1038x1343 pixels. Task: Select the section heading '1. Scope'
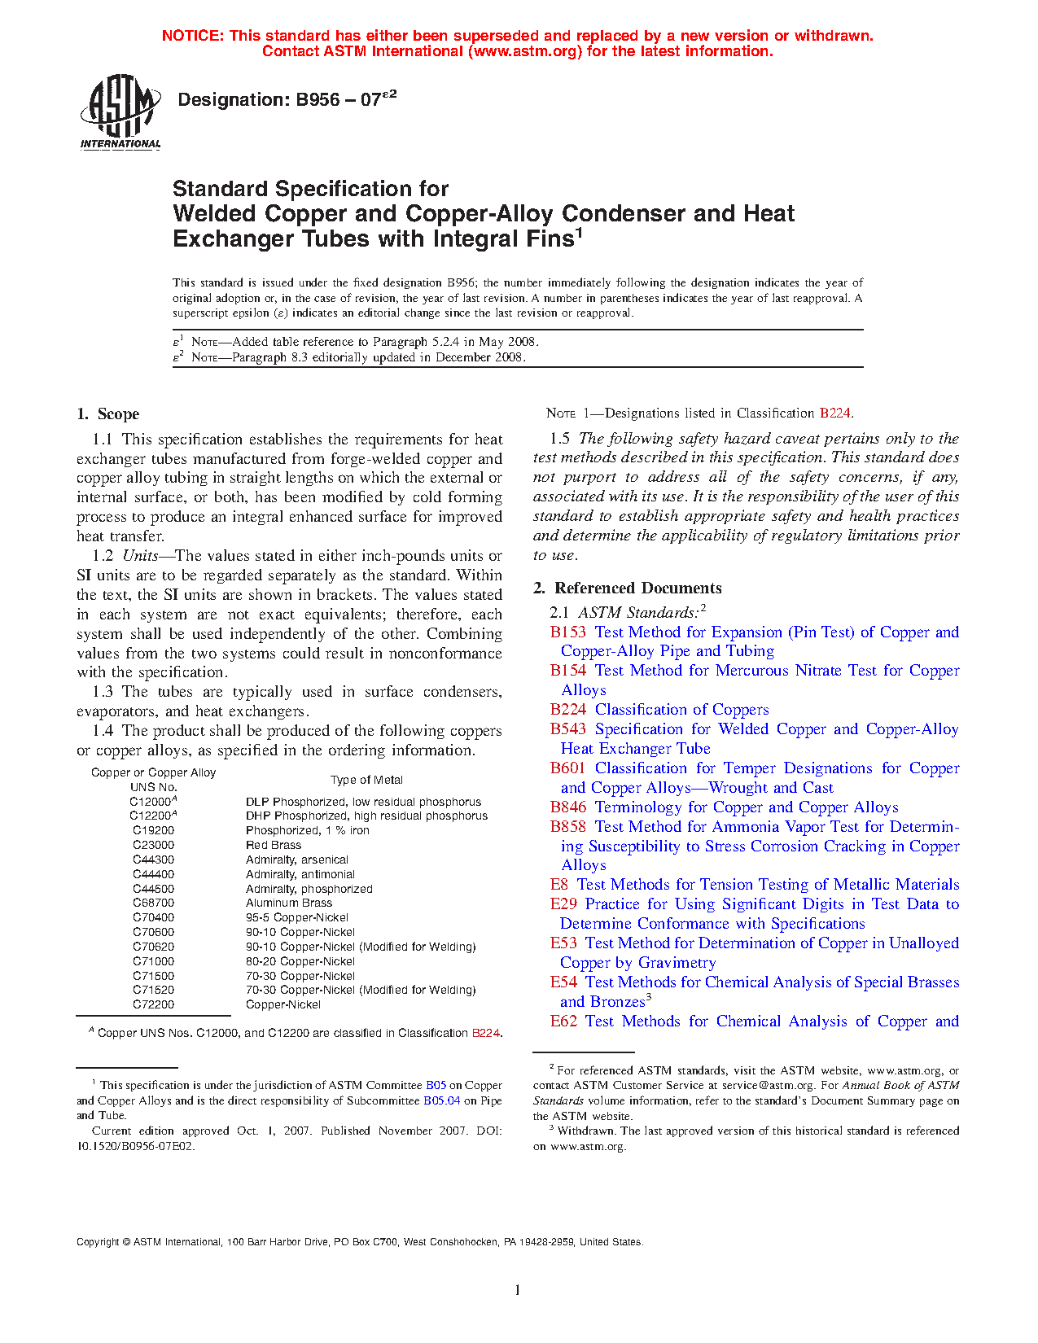tap(108, 414)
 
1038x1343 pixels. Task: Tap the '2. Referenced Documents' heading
tap(627, 588)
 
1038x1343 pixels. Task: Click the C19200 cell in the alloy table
tap(153, 831)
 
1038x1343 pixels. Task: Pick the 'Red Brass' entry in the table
tap(274, 846)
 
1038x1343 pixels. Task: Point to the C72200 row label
tap(153, 1005)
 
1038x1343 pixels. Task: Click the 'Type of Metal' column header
tap(366, 780)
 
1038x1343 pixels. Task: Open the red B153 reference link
tap(567, 632)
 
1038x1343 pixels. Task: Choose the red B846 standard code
tap(567, 807)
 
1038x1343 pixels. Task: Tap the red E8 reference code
tap(558, 885)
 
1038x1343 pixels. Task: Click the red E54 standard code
tap(563, 982)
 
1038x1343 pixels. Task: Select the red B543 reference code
tap(567, 729)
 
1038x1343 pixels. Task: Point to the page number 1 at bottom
tap(518, 1290)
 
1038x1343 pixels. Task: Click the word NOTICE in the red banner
tap(192, 36)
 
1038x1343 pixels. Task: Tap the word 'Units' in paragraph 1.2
tap(140, 556)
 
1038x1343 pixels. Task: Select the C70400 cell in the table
tap(153, 917)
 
